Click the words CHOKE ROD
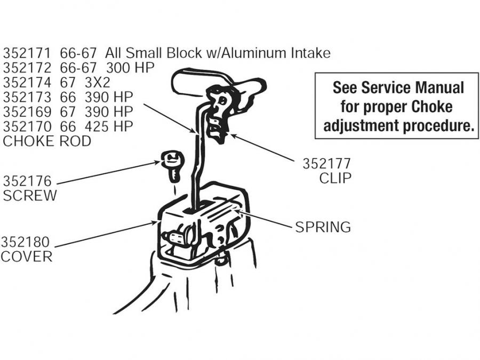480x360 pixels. point(47,141)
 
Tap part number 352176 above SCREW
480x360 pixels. point(27,182)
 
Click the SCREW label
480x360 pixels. point(29,196)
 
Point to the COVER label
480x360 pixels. point(27,257)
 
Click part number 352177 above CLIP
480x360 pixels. point(327,164)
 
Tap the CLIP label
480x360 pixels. point(335,178)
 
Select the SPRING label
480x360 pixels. point(323,227)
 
